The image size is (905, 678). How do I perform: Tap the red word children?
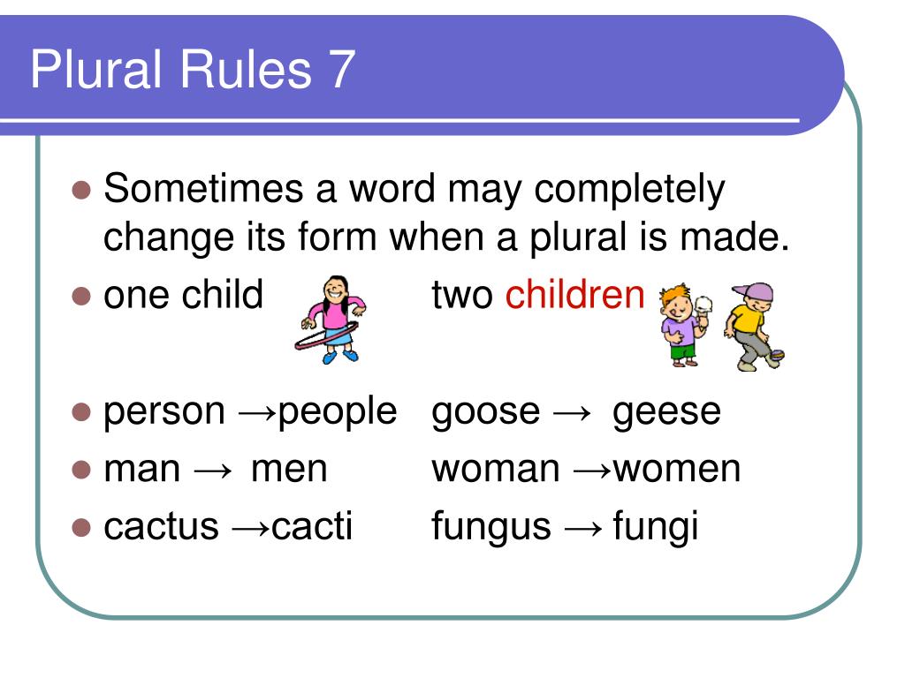pyautogui.click(x=575, y=296)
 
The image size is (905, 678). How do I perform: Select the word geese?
pyautogui.click(x=666, y=412)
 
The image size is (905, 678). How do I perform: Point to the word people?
pyautogui.click(x=338, y=412)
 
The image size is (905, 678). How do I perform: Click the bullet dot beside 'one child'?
pyautogui.click(x=81, y=296)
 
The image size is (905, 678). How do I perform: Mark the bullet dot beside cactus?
pyautogui.click(x=81, y=527)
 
